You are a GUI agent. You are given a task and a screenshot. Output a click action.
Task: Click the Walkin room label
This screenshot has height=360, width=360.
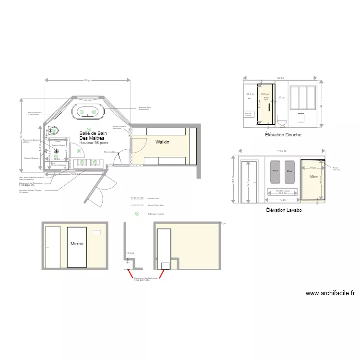[163, 142]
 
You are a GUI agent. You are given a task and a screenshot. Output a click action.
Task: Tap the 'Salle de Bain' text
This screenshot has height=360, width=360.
[93, 133]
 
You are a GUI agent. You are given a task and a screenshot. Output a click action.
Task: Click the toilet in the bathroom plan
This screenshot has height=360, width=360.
[53, 130]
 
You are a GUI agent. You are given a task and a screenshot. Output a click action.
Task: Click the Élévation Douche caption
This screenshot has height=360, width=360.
[283, 135]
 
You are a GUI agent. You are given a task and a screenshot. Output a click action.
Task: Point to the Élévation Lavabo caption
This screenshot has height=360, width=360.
[284, 210]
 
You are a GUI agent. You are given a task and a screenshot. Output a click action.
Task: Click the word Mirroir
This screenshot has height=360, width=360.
[77, 244]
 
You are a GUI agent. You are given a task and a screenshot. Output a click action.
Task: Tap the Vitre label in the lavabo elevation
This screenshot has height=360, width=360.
[314, 177]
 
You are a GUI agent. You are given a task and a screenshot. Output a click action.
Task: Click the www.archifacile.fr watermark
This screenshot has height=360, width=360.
[330, 293]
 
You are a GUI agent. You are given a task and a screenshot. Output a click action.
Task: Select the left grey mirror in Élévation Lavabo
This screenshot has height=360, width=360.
[276, 171]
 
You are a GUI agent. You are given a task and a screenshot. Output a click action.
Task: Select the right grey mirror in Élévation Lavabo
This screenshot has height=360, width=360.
[289, 171]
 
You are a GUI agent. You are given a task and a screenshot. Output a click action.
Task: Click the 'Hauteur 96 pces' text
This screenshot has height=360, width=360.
[94, 143]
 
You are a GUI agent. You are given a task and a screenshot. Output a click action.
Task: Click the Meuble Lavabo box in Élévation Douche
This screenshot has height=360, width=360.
[249, 115]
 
